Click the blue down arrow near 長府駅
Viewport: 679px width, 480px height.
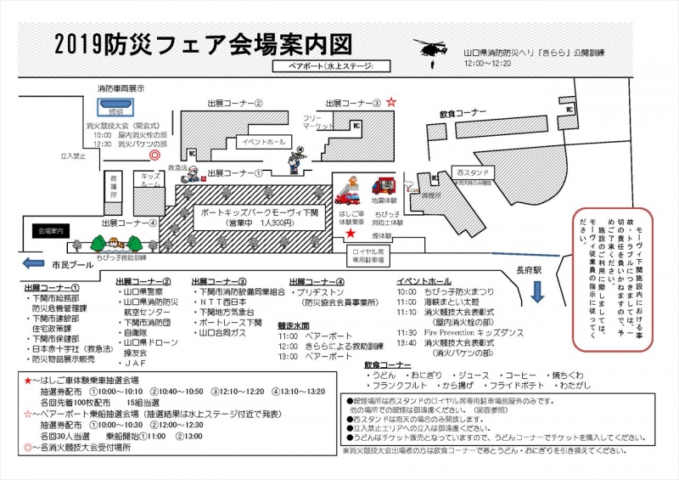click(536, 291)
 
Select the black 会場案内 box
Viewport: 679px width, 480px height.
click(51, 230)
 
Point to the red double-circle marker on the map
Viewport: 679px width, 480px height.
click(154, 155)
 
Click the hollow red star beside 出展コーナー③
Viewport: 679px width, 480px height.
click(391, 102)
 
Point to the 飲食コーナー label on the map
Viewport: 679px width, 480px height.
click(463, 112)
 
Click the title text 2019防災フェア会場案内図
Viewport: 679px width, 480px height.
click(201, 43)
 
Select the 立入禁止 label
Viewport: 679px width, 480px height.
click(75, 156)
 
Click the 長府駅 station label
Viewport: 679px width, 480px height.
click(528, 269)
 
